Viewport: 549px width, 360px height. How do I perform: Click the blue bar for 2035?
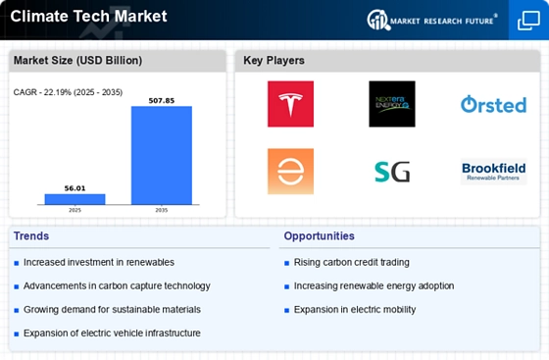162,155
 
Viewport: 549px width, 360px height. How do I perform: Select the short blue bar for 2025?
75,199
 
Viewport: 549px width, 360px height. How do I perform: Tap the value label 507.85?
162,100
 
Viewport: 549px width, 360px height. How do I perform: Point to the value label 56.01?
75,188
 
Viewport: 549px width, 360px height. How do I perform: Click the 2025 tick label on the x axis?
75,210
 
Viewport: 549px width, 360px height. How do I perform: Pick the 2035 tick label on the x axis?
162,210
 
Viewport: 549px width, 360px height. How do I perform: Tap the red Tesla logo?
290,104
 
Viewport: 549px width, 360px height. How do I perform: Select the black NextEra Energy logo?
392,104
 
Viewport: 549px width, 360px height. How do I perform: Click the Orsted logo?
494,104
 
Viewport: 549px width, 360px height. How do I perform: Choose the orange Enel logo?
290,172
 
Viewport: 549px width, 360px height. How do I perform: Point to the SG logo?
392,172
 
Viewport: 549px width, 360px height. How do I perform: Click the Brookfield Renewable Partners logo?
494,172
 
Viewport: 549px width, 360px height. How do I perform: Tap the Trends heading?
31,236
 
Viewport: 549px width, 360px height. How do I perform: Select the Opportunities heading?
320,236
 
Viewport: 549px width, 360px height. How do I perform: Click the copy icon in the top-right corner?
528,21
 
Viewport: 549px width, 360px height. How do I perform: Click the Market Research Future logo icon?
378,20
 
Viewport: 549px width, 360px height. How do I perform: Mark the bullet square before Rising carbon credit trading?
286,263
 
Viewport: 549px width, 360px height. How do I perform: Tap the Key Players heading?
274,60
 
